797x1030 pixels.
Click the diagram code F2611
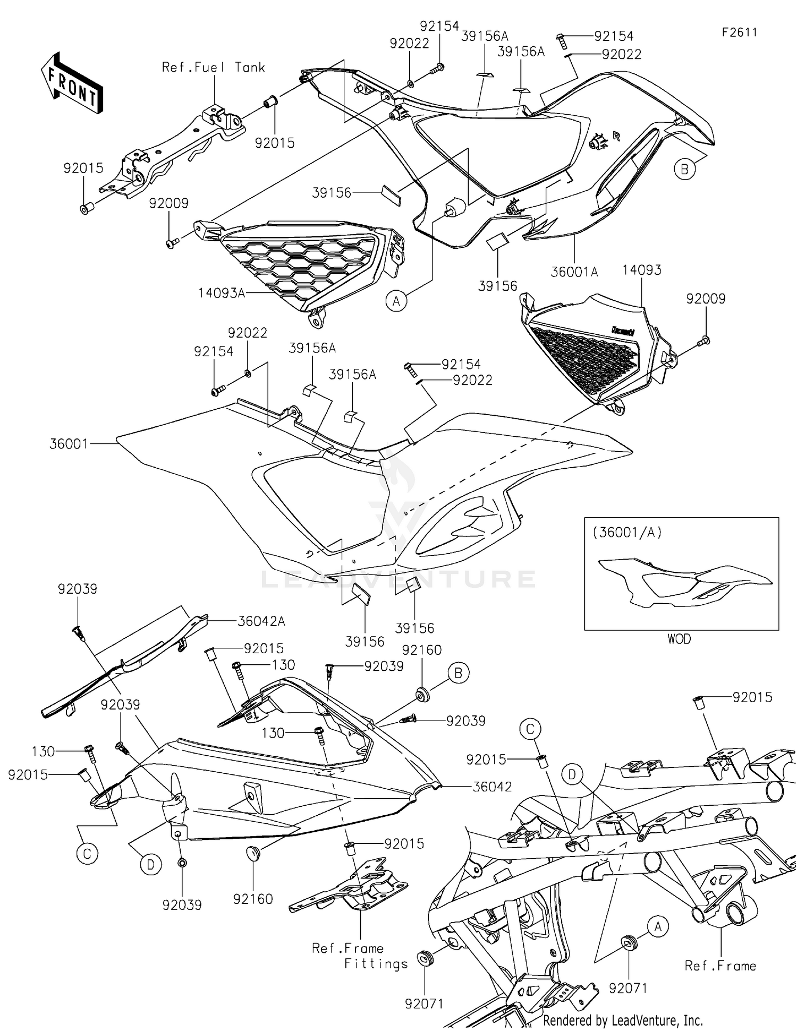click(739, 32)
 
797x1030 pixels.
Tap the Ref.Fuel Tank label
click(213, 67)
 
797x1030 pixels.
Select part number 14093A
click(222, 292)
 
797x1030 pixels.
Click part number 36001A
click(574, 272)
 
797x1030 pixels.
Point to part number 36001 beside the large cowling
click(69, 443)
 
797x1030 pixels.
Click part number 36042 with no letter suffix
click(492, 787)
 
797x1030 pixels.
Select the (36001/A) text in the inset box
click(627, 532)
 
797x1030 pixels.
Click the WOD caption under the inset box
click(679, 639)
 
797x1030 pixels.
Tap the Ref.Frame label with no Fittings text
click(720, 966)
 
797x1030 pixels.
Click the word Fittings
click(376, 964)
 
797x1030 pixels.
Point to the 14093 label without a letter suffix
click(642, 270)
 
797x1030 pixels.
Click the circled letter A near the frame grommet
click(658, 927)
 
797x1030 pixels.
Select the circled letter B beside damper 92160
click(458, 673)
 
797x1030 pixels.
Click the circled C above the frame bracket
click(530, 730)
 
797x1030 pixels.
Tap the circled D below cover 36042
click(150, 865)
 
